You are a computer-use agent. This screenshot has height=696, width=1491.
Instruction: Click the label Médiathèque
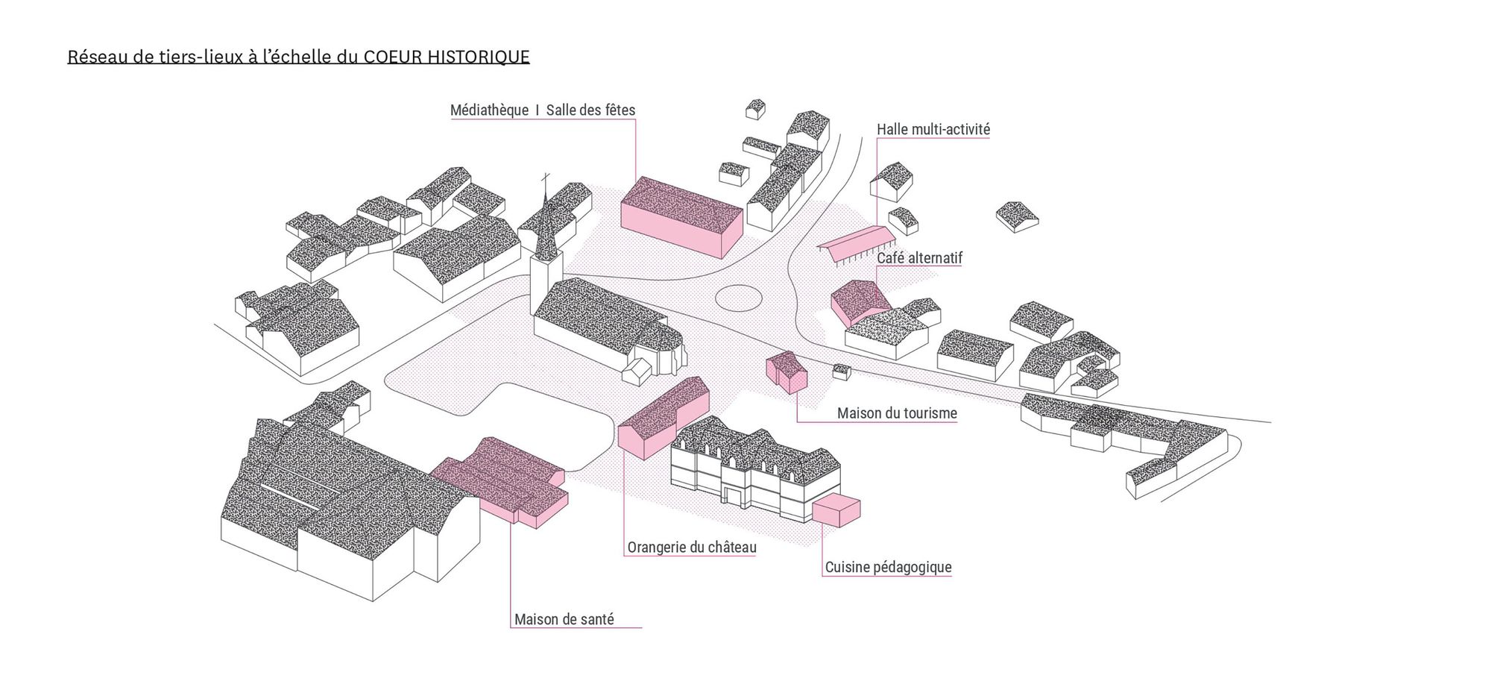489,110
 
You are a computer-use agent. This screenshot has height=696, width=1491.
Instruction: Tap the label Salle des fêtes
590,110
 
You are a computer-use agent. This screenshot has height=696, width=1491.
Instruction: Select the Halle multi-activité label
933,130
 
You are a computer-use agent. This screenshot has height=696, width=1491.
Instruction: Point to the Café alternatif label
919,258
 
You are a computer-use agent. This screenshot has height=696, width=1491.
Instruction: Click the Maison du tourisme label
896,413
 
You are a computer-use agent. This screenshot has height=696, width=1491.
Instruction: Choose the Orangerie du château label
691,548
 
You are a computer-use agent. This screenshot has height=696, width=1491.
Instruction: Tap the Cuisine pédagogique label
888,568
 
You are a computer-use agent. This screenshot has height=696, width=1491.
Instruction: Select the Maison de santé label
564,620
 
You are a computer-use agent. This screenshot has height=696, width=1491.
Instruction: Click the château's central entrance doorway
734,495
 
